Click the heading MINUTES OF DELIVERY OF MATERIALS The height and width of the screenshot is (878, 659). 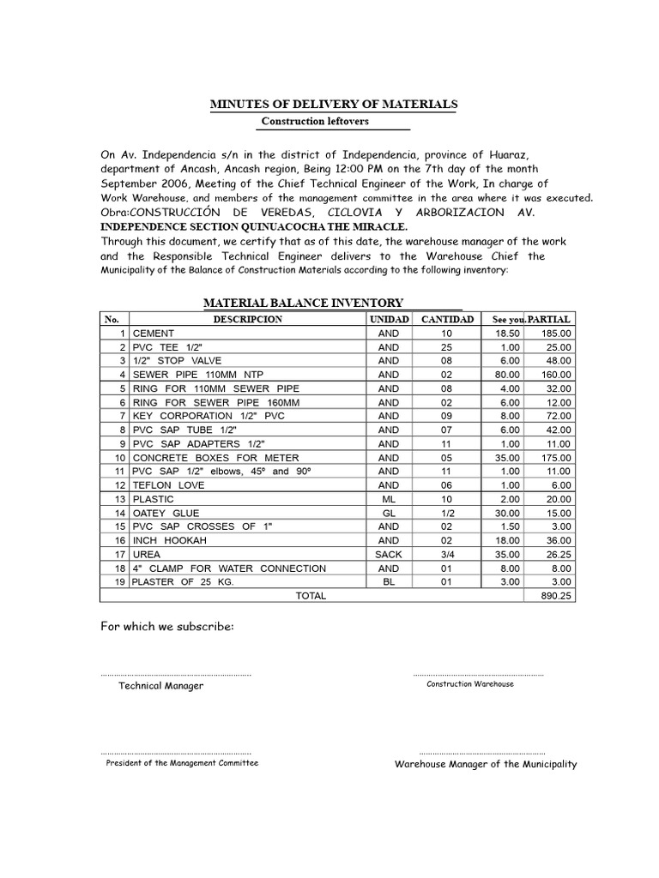334,104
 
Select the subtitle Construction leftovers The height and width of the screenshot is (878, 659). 315,122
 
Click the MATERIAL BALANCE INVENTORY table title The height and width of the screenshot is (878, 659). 302,303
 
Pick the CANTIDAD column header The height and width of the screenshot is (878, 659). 445,319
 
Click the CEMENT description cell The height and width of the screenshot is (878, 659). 154,333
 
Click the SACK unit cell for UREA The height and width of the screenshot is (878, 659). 388,554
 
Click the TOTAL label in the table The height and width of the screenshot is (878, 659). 311,596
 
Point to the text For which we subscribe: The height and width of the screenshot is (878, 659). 166,627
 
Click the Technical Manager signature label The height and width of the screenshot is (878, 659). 161,686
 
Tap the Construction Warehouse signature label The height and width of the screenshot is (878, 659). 470,684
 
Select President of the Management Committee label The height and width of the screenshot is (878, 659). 181,763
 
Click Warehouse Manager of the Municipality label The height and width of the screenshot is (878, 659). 486,764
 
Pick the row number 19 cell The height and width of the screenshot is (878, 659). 118,582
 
